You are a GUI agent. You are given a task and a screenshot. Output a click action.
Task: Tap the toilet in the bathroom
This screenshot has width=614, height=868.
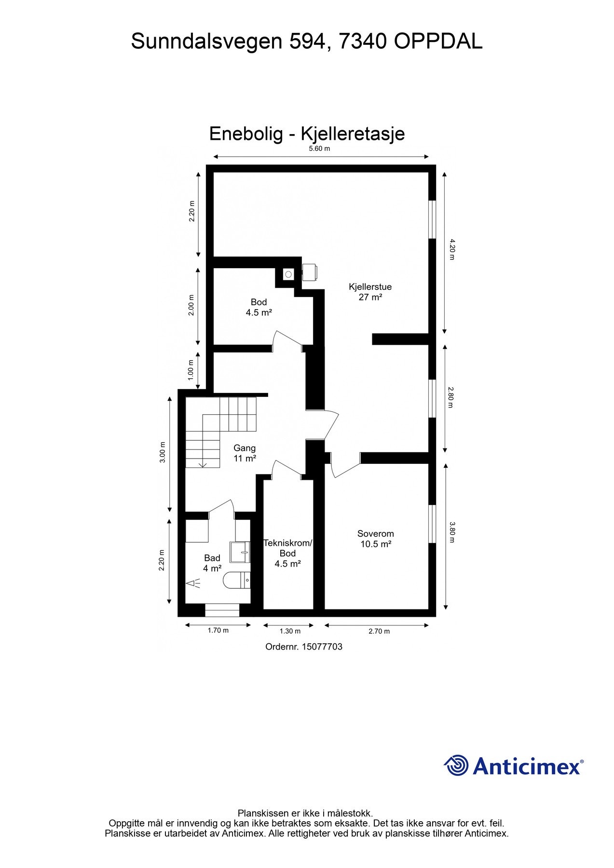coord(237,580)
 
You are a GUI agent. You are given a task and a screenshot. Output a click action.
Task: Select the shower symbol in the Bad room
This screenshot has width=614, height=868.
coord(193,584)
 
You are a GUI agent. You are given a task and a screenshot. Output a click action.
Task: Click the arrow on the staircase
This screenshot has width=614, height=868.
coord(203,463)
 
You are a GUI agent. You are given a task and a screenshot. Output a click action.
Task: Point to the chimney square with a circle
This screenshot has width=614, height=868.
coord(288,274)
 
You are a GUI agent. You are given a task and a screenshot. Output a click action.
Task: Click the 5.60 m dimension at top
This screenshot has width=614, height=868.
coord(319,149)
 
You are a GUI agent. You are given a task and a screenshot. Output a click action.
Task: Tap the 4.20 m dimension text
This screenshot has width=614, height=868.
coord(451,249)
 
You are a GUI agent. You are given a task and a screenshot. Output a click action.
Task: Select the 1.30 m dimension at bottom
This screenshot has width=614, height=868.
coord(290,631)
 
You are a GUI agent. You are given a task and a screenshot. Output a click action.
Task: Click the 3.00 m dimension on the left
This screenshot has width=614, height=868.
coord(163,452)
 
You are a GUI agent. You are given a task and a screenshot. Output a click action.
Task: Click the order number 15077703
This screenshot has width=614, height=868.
coord(322,647)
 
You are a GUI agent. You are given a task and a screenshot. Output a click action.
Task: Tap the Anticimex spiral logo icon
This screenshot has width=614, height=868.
coord(456,765)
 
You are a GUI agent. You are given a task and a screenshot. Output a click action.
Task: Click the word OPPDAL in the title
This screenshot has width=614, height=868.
coord(438,42)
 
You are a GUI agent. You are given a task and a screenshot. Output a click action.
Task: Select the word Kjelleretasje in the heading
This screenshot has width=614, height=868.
coord(353,134)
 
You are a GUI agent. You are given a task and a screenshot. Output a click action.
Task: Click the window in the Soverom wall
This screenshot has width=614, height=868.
coord(432,524)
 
